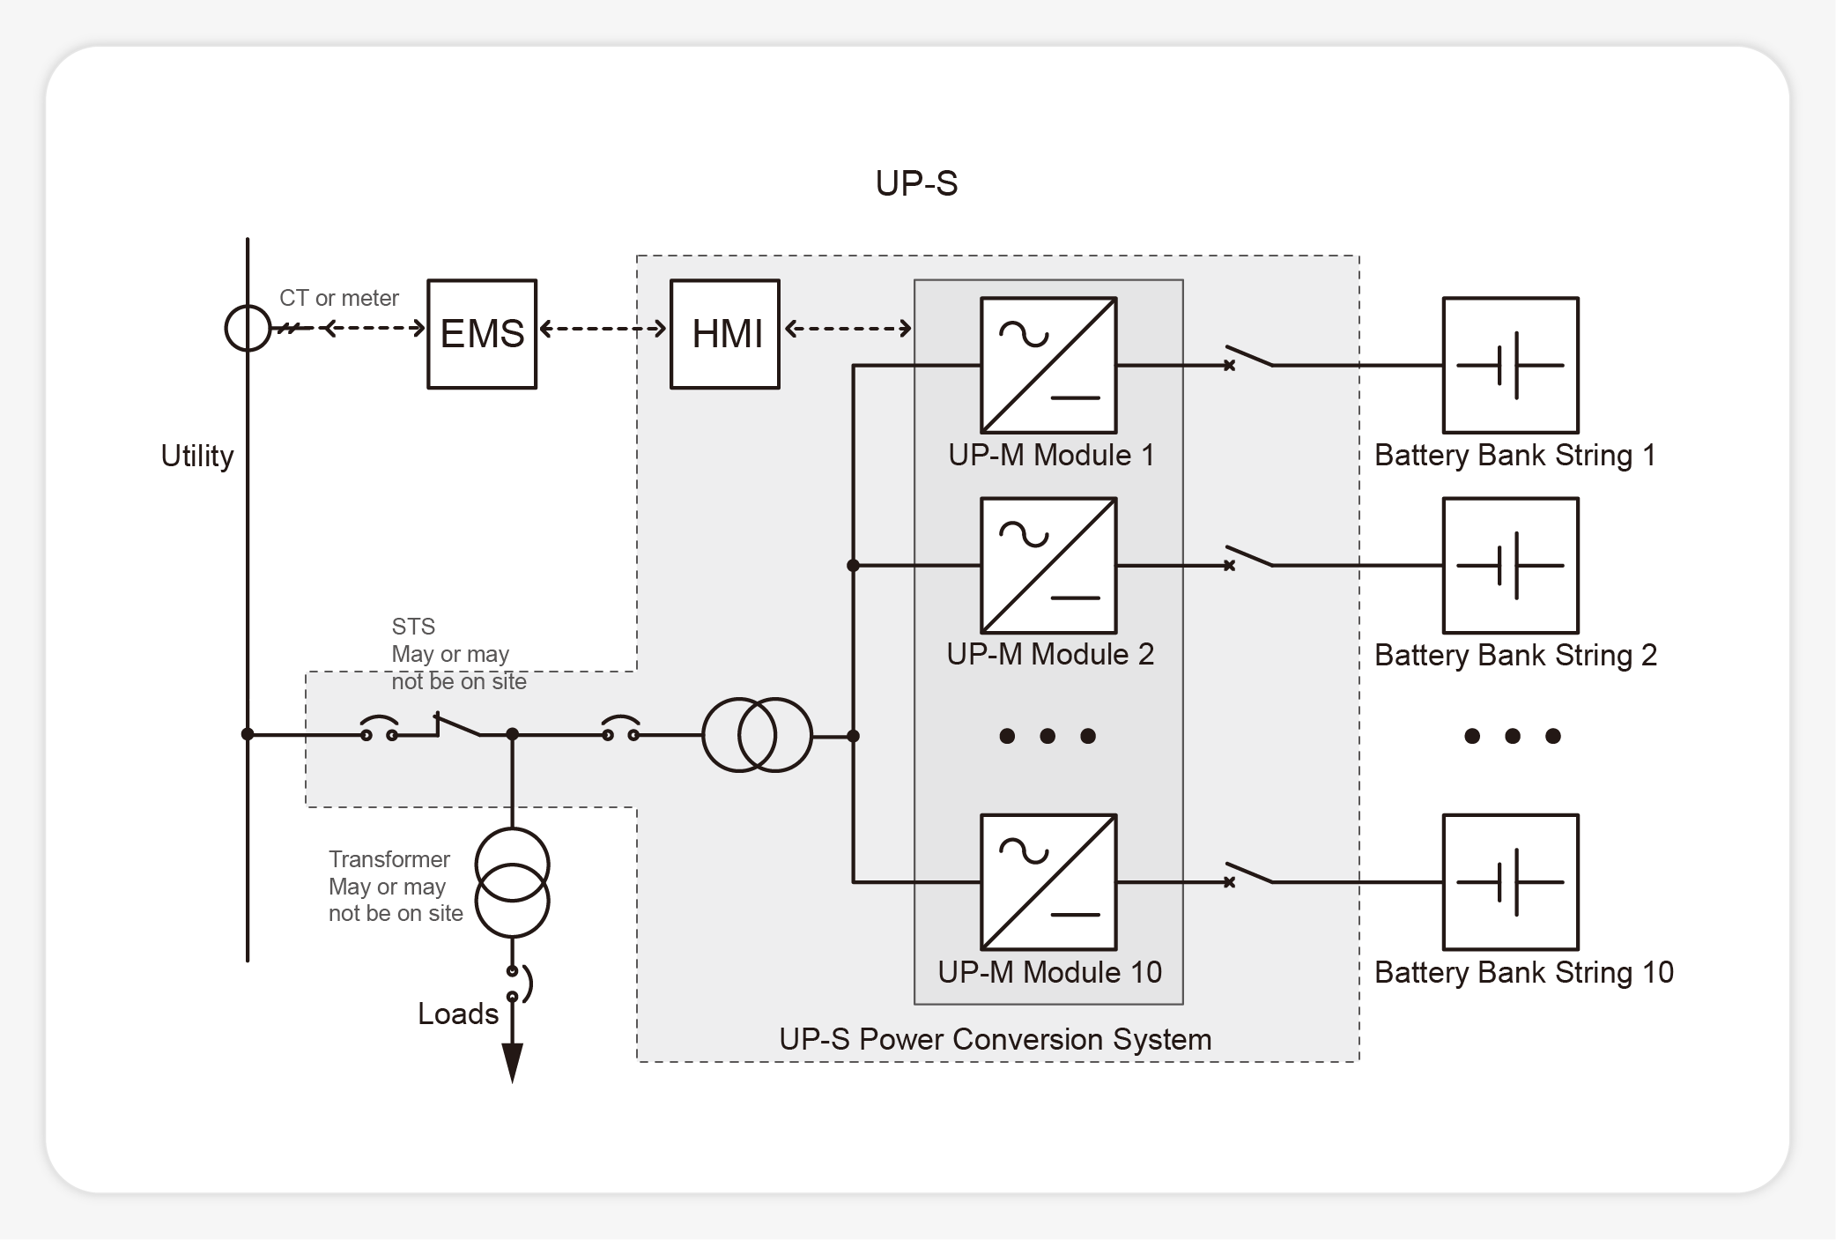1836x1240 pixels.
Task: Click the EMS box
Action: click(482, 334)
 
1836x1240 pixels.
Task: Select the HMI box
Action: click(725, 334)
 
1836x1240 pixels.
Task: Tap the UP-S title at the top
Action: click(916, 183)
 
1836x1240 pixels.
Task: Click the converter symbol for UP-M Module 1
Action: click(1048, 365)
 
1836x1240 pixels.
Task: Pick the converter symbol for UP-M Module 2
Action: click(1048, 565)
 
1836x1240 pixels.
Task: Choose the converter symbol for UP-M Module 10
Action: click(1048, 881)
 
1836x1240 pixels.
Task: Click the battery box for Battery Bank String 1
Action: click(1510, 365)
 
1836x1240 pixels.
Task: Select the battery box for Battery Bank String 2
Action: click(1510, 565)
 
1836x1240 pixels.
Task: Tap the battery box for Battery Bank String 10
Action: click(1510, 881)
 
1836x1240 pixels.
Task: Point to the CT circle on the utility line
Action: click(248, 328)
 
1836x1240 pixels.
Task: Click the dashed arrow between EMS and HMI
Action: click(603, 329)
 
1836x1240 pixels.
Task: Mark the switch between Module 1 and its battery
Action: click(1249, 358)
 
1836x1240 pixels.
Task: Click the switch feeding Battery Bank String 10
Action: click(1249, 874)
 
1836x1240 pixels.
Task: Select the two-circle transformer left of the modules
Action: click(757, 735)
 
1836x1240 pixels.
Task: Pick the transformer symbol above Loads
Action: click(512, 883)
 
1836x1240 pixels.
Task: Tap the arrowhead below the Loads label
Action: click(512, 1061)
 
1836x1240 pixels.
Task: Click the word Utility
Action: click(197, 456)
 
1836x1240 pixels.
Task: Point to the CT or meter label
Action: click(339, 298)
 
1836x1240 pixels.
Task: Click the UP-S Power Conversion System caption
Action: click(995, 1039)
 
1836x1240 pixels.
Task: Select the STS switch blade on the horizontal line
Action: click(457, 726)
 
